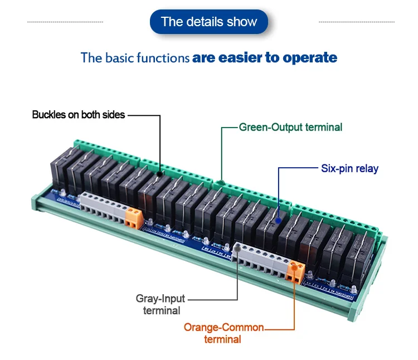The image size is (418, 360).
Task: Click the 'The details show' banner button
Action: point(209,22)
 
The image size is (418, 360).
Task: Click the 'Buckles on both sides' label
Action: point(79,115)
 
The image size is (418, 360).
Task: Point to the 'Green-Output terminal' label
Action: point(290,127)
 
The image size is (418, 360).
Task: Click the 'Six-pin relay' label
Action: point(349,168)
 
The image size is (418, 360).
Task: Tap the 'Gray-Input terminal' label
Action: point(161,304)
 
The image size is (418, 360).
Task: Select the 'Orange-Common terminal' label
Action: point(223,333)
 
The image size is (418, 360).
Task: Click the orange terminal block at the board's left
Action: point(133,217)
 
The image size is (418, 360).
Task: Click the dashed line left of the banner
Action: point(65,22)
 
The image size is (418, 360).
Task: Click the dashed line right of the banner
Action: point(356,22)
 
